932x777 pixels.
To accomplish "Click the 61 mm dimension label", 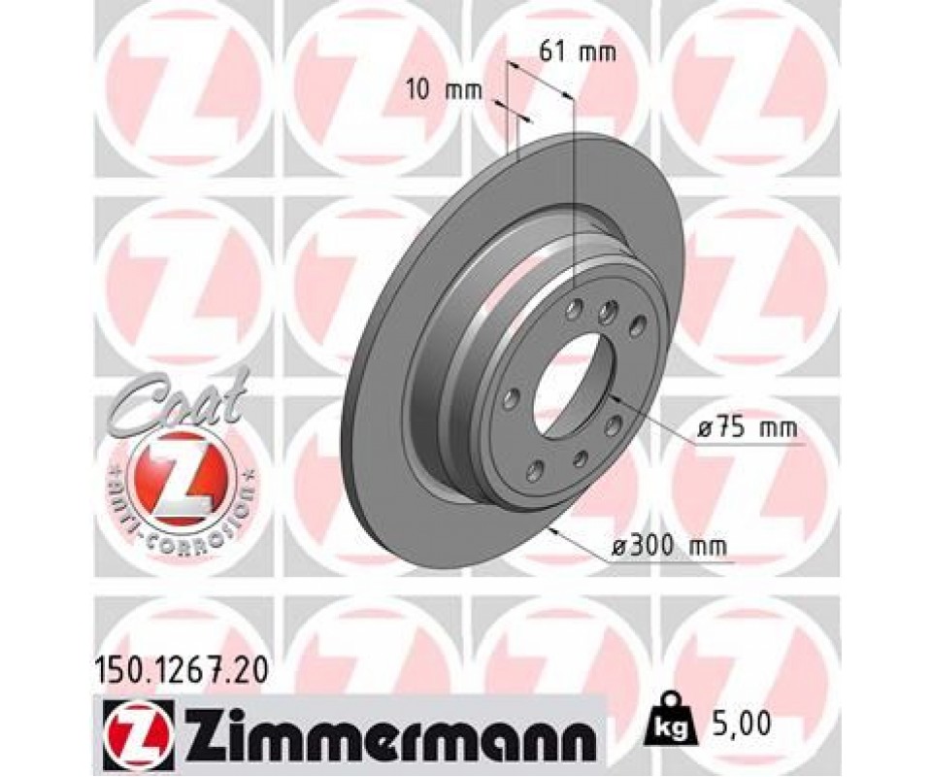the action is click(577, 52).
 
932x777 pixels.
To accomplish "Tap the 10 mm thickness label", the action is click(444, 90).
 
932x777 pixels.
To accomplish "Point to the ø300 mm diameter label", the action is click(669, 545).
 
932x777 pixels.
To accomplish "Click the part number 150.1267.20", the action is click(182, 672).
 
